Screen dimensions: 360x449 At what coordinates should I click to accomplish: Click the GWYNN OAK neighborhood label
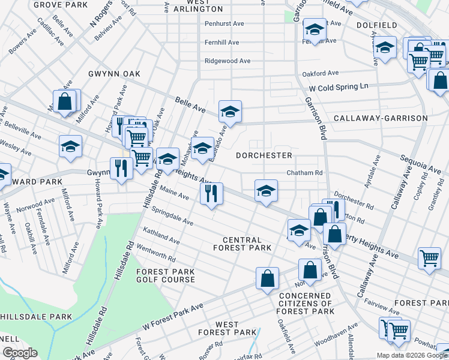point(115,74)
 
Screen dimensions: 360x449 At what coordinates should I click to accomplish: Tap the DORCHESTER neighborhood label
point(264,155)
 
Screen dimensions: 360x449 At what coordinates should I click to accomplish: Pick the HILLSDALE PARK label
point(36,316)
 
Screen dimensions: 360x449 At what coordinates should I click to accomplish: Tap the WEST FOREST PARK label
point(228,328)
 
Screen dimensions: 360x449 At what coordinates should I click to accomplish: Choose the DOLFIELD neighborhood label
point(393,25)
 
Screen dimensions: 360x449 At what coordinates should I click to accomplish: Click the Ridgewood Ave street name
point(228,61)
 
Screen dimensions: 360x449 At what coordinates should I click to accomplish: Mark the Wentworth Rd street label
point(156,255)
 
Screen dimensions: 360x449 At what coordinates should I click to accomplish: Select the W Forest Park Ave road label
point(173,316)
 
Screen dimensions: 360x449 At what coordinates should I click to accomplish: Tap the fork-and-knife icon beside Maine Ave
point(211,194)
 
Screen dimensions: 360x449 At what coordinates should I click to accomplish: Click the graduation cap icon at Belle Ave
point(229,112)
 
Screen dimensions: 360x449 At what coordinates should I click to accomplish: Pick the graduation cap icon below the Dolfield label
point(385,47)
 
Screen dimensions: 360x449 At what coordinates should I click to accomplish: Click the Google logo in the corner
point(20,352)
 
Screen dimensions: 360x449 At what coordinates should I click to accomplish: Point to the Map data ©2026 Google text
point(411,355)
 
